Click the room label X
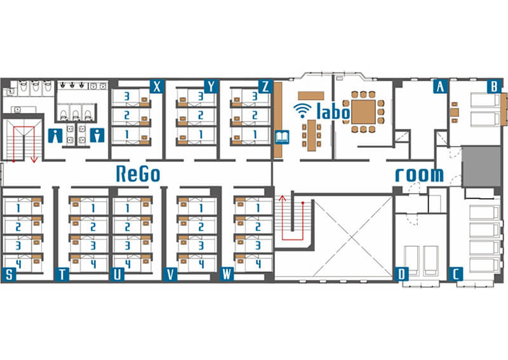click(x=157, y=86)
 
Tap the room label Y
click(x=211, y=86)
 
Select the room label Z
click(x=265, y=86)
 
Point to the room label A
click(x=440, y=86)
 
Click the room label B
click(x=494, y=86)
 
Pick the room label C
click(x=455, y=274)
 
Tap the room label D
click(x=401, y=274)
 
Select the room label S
click(x=9, y=274)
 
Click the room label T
click(x=62, y=274)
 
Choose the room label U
click(x=117, y=274)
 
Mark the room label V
click(x=170, y=274)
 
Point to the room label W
click(x=227, y=274)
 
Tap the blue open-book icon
click(x=282, y=137)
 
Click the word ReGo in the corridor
click(x=138, y=174)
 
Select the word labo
click(x=333, y=111)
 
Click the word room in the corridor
click(x=420, y=175)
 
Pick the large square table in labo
click(x=363, y=112)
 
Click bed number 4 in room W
click(x=253, y=263)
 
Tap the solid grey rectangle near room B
click(x=481, y=166)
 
